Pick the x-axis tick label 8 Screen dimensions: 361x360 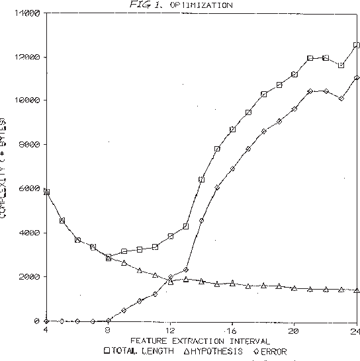pyautogui.click(x=108, y=329)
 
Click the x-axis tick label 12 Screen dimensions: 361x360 pyautogui.click(x=169, y=329)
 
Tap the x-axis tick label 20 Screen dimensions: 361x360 pyautogui.click(x=294, y=329)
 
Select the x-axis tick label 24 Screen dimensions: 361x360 pyautogui.click(x=355, y=329)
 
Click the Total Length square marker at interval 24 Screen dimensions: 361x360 pyautogui.click(x=356, y=45)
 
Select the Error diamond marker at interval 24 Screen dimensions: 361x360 pyautogui.click(x=356, y=77)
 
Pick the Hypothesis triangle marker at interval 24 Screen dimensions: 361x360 pyautogui.click(x=356, y=290)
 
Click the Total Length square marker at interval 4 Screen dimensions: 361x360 pyautogui.click(x=46, y=192)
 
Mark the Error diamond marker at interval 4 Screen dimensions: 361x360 pyautogui.click(x=46, y=321)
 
